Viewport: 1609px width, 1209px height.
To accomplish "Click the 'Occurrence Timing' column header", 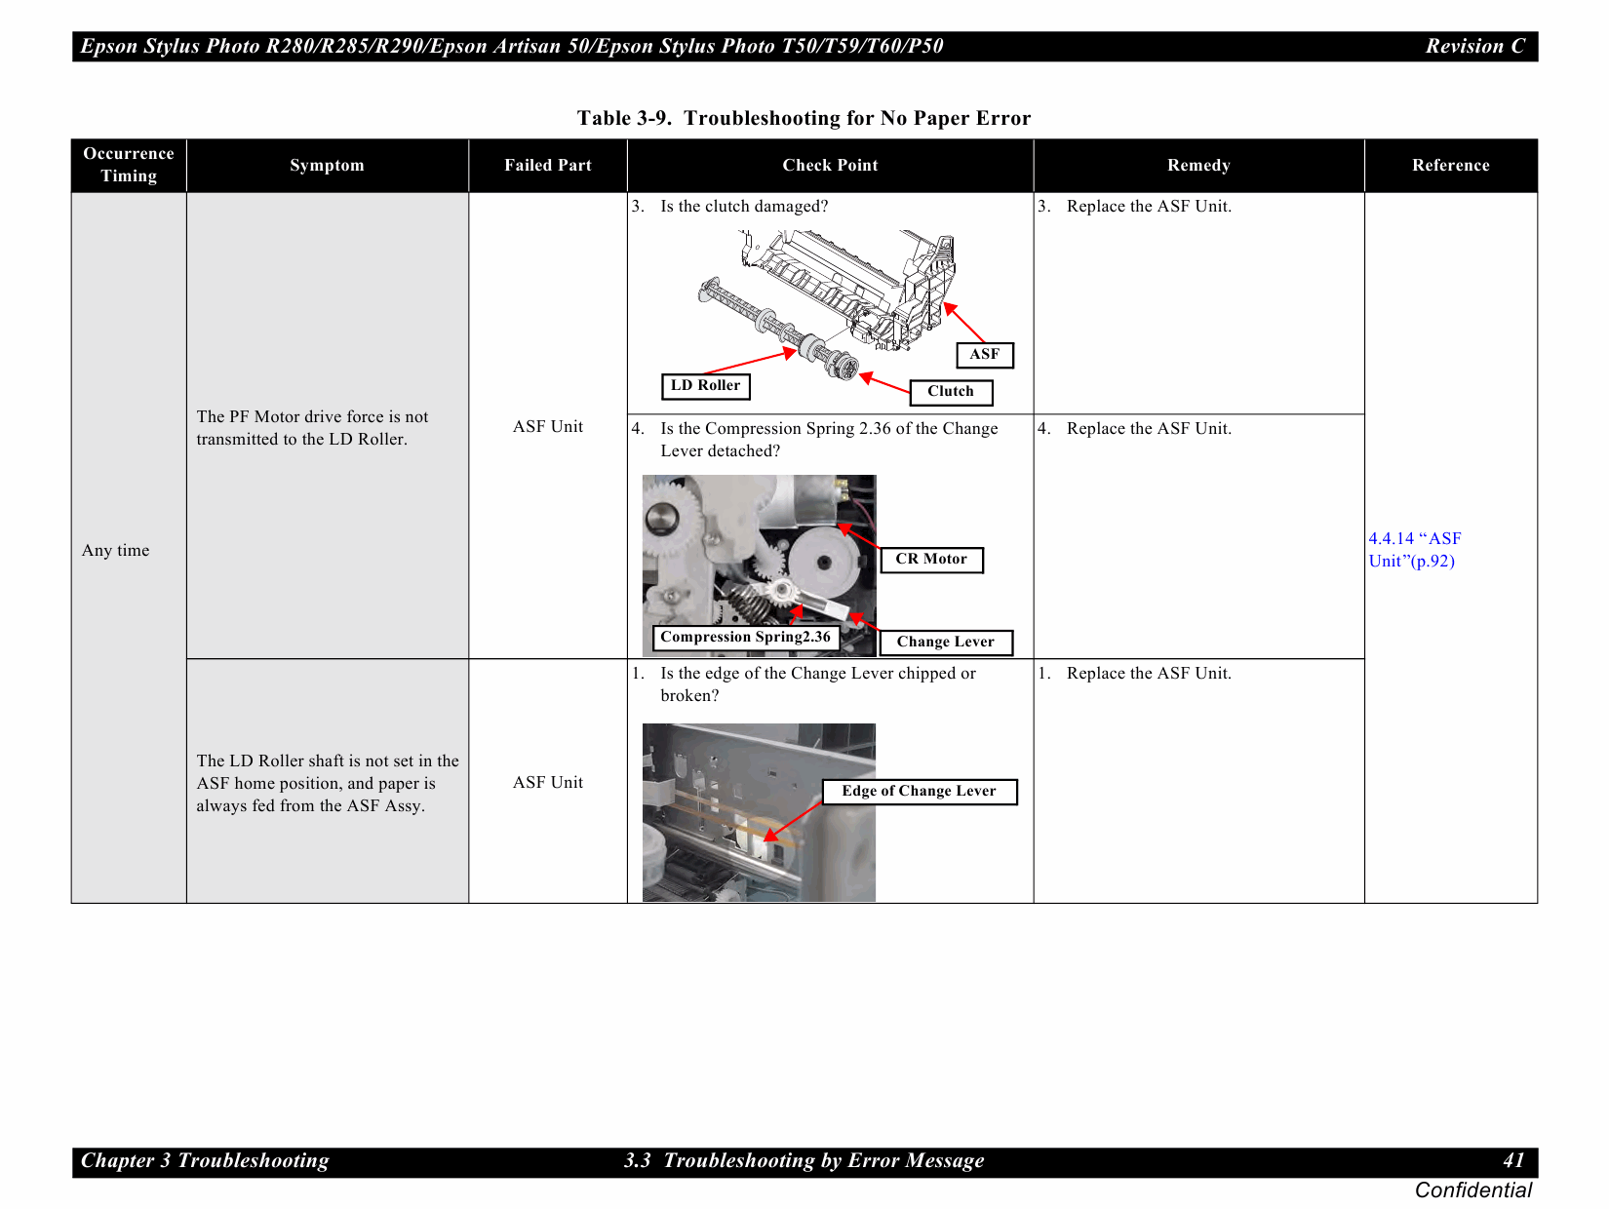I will (129, 165).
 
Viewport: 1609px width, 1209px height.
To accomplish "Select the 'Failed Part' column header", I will (547, 165).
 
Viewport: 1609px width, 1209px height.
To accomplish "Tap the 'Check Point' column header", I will (830, 165).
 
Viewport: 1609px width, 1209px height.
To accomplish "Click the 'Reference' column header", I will (1450, 165).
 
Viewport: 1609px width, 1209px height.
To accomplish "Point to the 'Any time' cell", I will (116, 550).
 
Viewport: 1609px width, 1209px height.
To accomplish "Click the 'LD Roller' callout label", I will (705, 386).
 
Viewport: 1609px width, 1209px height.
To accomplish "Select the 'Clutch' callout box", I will (951, 392).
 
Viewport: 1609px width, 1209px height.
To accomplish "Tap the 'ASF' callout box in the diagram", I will (984, 355).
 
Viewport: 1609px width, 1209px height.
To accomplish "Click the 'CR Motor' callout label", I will (931, 560).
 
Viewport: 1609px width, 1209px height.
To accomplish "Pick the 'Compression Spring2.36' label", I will (745, 638).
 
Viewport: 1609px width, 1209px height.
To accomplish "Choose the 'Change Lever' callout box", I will (945, 643).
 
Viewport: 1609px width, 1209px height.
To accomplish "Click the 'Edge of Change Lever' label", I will (919, 792).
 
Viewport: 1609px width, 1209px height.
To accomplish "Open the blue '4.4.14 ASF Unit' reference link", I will (1413, 550).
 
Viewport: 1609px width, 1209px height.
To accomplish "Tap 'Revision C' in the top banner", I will (1474, 46).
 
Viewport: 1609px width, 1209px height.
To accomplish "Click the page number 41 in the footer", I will (1512, 1160).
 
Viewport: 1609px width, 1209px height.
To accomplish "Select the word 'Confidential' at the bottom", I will (1472, 1190).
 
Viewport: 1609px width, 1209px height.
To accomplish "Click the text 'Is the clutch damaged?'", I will (743, 206).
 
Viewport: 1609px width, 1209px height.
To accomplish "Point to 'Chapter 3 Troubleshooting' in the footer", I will (205, 1160).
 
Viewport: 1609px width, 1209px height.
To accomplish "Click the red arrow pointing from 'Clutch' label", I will (885, 383).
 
